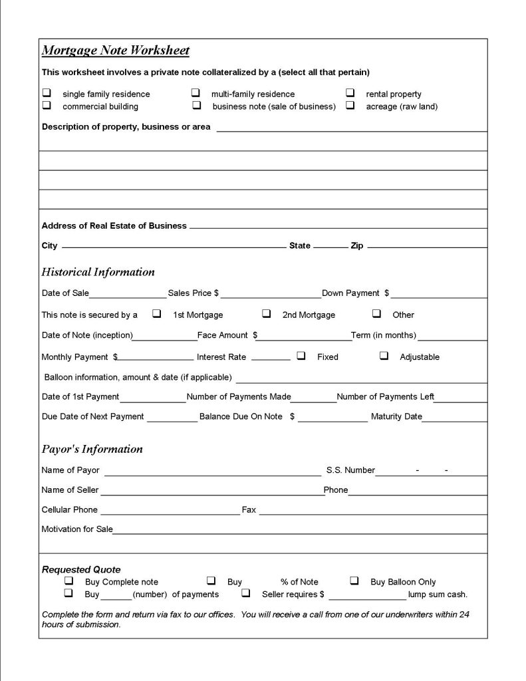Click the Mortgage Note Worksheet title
(116, 51)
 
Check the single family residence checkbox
(47, 93)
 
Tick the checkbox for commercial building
(47, 105)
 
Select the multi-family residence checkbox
(196, 93)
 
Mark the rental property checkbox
(350, 93)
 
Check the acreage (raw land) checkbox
(350, 105)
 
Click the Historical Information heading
(98, 272)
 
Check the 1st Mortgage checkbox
(157, 313)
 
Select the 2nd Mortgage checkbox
(266, 313)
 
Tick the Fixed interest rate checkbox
(301, 356)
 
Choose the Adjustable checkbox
(384, 356)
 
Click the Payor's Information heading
(92, 449)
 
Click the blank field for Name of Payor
(213, 472)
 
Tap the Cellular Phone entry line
(170, 511)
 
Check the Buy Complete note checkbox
(68, 581)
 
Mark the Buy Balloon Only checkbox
(354, 581)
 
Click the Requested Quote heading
(81, 569)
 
